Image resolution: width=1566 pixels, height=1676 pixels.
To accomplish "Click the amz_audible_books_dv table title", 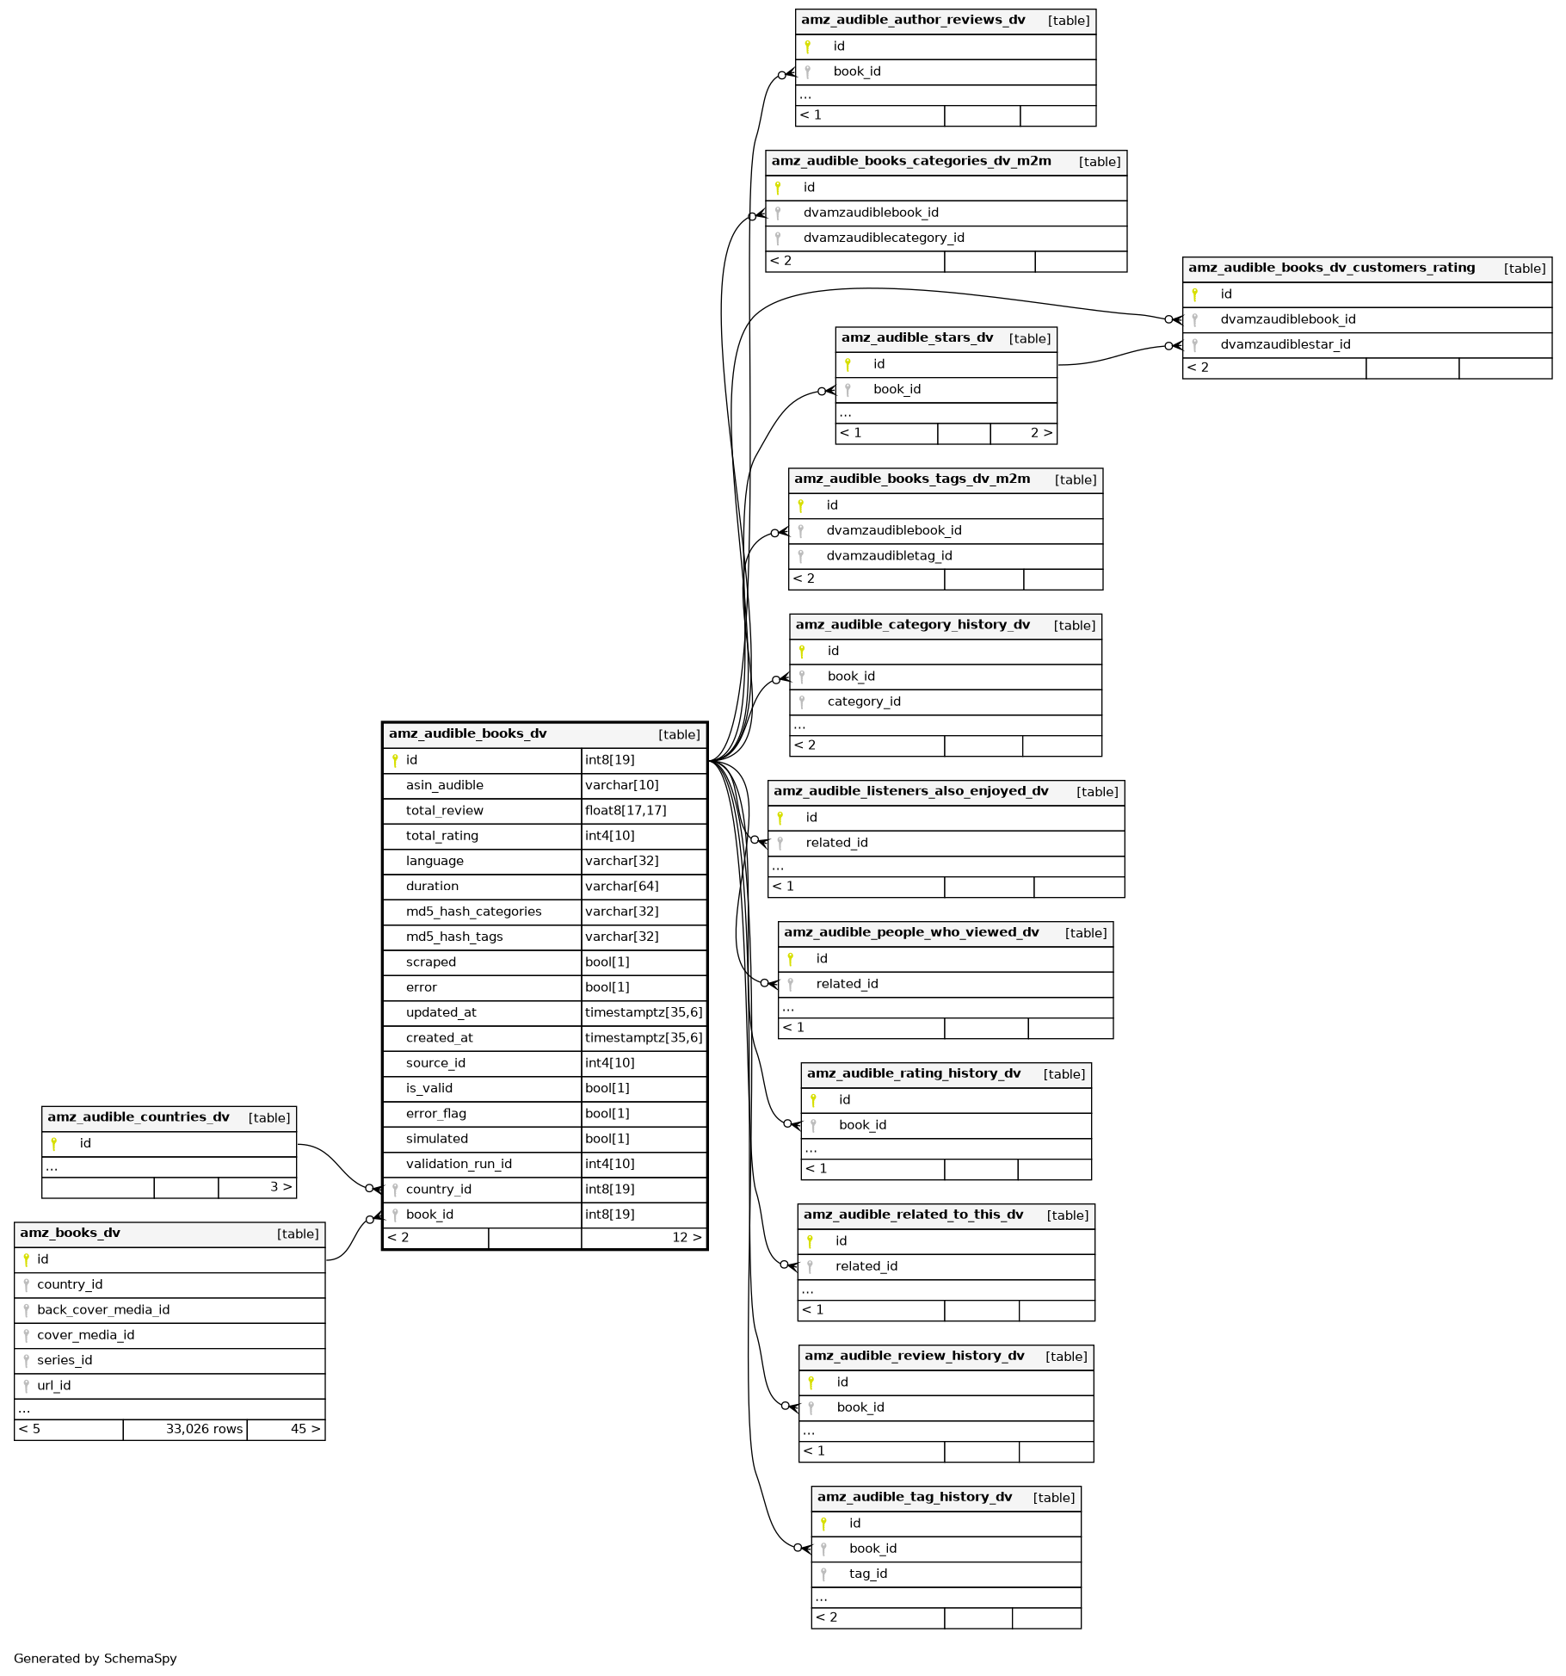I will (467, 734).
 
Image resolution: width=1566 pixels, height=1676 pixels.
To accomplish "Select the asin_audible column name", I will (444, 785).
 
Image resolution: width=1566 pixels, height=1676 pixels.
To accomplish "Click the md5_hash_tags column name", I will (454, 937).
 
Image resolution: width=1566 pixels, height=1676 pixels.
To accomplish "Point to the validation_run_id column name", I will (459, 1164).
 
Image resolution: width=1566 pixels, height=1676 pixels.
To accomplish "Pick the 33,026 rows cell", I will (204, 1429).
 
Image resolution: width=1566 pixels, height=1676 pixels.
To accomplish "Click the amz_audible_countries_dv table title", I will (139, 1117).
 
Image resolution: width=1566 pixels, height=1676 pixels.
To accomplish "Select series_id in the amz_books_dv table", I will (65, 1360).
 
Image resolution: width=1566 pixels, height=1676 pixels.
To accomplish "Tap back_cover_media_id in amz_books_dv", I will (103, 1309).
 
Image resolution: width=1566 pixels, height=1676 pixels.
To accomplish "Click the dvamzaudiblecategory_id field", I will (884, 238).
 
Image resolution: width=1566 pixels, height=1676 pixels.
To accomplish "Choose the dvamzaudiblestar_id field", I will (1285, 344).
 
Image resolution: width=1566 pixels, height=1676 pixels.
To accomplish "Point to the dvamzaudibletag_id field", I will (889, 556).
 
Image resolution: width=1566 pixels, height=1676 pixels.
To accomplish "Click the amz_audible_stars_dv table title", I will (916, 338).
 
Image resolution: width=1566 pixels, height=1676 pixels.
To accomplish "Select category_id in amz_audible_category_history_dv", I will (864, 702).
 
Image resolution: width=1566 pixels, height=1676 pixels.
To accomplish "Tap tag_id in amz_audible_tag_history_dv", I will (867, 1574).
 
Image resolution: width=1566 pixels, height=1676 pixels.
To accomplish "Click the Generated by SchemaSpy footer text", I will (96, 1659).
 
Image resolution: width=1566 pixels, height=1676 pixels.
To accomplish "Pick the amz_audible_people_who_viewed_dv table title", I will (911, 932).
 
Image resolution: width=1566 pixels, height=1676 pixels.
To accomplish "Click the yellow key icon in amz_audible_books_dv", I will (395, 760).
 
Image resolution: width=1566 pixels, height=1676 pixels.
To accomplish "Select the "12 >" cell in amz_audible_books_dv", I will (686, 1238).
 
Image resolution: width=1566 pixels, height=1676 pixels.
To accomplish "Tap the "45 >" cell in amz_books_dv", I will (305, 1429).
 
